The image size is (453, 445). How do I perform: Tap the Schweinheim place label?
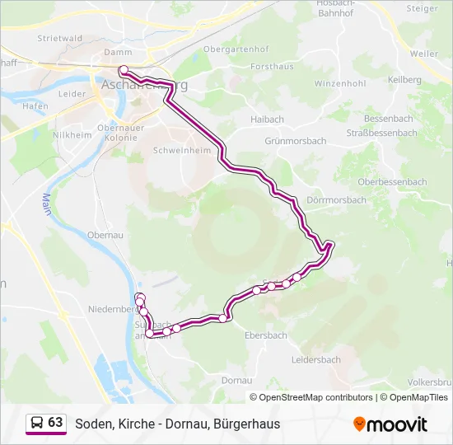click(195, 152)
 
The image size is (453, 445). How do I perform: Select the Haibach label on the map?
click(267, 119)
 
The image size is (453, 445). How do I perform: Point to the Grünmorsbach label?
click(295, 141)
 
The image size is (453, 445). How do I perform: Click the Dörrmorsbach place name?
click(335, 200)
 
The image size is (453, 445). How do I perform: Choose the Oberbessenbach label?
click(392, 182)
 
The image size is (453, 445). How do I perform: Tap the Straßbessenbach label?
click(381, 133)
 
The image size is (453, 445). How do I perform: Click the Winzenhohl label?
click(339, 84)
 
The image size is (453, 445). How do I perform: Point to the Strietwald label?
click(59, 38)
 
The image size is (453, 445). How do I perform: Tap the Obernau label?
click(105, 235)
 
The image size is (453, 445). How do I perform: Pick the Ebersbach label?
click(266, 335)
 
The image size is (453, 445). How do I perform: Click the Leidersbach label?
click(316, 360)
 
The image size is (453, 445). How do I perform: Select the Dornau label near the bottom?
click(236, 381)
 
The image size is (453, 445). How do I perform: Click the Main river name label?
click(47, 204)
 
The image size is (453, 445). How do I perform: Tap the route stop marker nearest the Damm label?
click(123, 70)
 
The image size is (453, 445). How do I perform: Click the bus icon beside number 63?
click(36, 423)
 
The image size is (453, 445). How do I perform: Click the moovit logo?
click(390, 424)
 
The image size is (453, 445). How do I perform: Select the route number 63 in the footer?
click(55, 423)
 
